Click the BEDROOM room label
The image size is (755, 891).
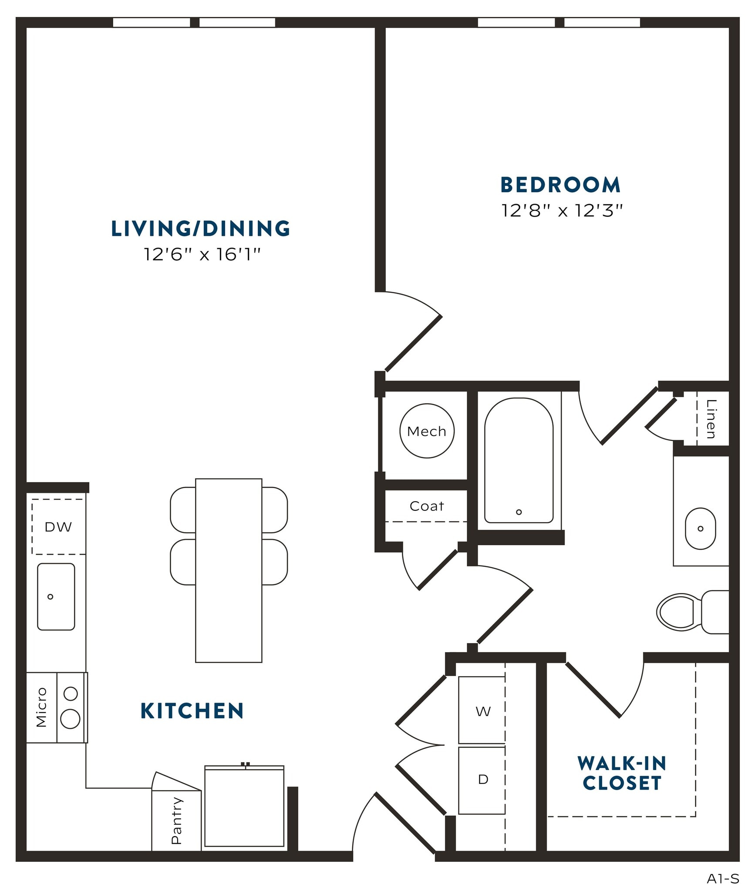pos(560,185)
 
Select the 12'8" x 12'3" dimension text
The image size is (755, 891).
pos(562,211)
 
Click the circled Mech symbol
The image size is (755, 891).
pos(427,431)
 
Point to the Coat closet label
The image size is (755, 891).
pos(427,506)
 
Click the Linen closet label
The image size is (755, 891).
pos(711,419)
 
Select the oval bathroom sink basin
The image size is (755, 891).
pos(700,529)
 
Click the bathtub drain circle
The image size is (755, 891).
pos(519,512)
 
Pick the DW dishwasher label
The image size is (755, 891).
pos(58,527)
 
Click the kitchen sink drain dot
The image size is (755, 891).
pos(51,596)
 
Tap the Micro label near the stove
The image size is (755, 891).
pos(41,707)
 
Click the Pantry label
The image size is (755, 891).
pos(176,821)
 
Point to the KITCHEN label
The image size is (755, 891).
pos(192,711)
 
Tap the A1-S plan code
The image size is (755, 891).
pos(723,879)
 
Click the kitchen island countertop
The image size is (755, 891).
pos(229,570)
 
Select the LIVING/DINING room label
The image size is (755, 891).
pos(201,229)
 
